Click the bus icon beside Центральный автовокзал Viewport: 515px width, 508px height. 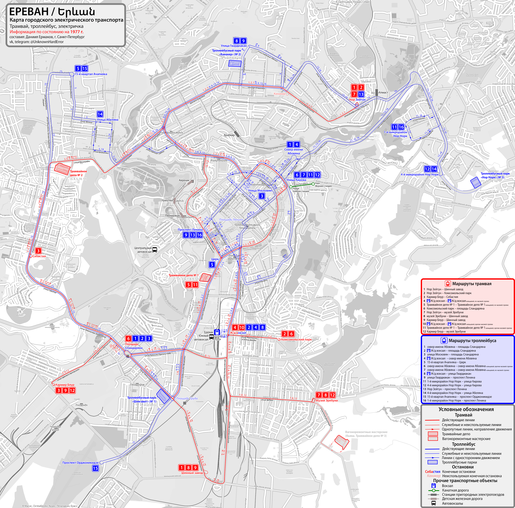pos(155,250)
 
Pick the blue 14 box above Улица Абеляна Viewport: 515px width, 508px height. pos(100,114)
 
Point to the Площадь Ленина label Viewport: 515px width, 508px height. pos(231,220)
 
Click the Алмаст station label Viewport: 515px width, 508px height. pos(383,93)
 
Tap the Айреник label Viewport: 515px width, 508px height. pos(184,180)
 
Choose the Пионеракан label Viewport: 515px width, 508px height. pos(172,216)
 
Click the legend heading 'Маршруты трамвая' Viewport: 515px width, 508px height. pos(472,284)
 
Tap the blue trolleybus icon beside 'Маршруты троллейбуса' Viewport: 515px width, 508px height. pos(444,340)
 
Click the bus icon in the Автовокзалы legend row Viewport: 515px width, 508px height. pos(434,503)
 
